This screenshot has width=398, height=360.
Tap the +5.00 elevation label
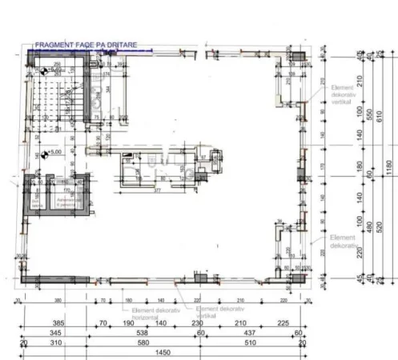coord(55,152)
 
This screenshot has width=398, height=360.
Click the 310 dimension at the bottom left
coord(55,342)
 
